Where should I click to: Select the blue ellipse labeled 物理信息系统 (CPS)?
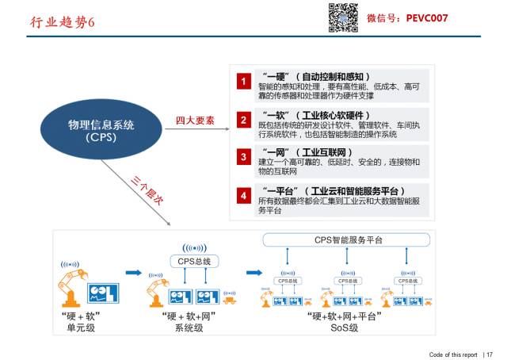click(x=102, y=131)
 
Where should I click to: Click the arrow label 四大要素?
click(x=195, y=121)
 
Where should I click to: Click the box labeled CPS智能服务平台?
click(x=345, y=239)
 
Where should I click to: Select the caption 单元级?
click(x=79, y=327)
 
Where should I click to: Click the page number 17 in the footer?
click(x=490, y=354)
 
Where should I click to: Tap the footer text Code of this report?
click(x=453, y=354)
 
